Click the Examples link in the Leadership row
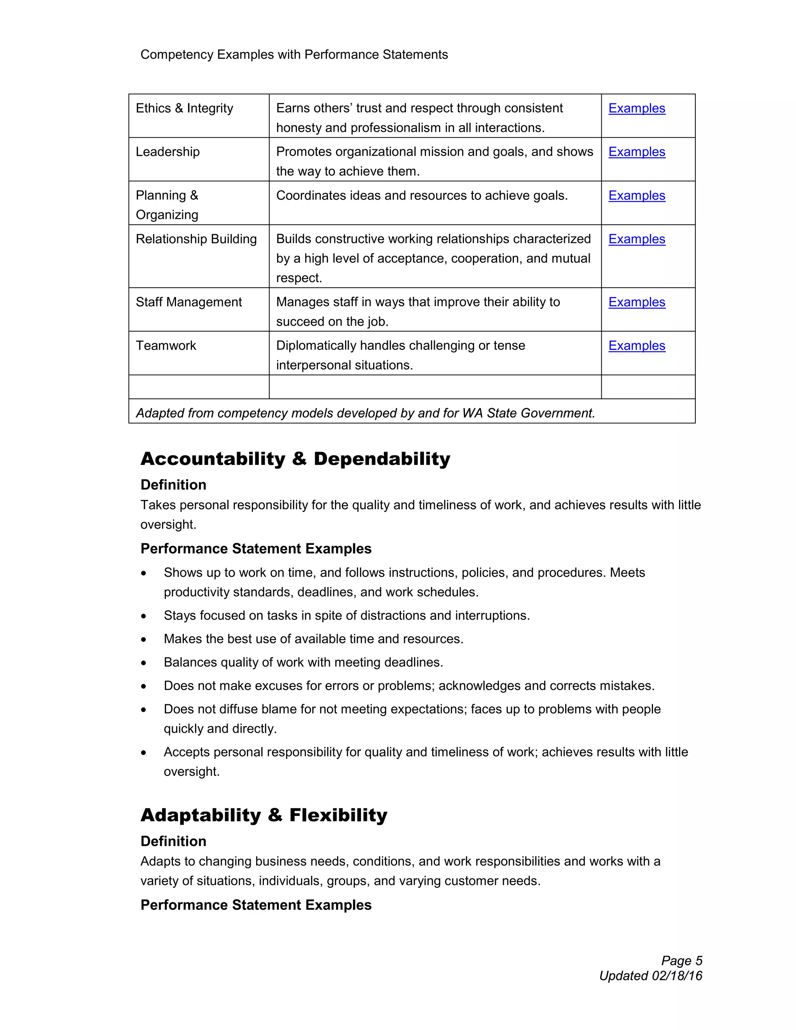(636, 152)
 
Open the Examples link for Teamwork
(636, 346)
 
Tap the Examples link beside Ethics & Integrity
(636, 108)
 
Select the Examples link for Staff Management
(636, 302)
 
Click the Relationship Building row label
(196, 239)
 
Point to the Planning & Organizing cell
(168, 205)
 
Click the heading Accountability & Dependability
(295, 459)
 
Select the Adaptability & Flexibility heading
(264, 815)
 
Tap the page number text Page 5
(681, 961)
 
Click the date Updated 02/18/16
(650, 976)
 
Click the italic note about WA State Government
(365, 413)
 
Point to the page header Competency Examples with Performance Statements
(294, 55)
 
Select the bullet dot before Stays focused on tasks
(144, 616)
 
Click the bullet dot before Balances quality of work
(144, 663)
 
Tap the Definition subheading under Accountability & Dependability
(173, 485)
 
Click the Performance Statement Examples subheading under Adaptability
(256, 905)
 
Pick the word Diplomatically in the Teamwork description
(316, 346)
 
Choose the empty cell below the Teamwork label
(199, 387)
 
